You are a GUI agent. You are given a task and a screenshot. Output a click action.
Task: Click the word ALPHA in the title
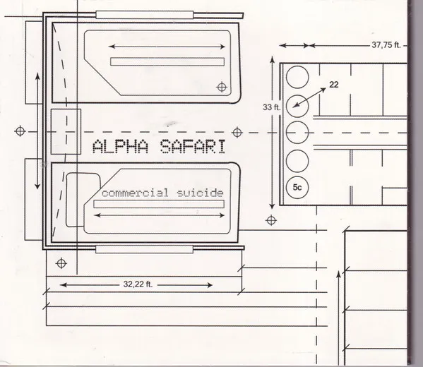point(120,146)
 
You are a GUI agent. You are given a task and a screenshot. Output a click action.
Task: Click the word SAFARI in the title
point(193,146)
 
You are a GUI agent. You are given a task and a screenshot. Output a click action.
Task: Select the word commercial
point(136,193)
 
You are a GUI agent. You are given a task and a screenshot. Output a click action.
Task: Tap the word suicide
point(200,193)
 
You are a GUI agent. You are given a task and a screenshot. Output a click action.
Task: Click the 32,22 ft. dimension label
point(138,284)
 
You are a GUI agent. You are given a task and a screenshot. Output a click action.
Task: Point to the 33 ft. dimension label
point(271,107)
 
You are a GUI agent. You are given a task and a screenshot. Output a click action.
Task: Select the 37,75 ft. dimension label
point(386,44)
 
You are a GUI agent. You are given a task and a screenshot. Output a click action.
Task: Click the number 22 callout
point(334,85)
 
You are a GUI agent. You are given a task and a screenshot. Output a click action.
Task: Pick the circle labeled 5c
point(297,188)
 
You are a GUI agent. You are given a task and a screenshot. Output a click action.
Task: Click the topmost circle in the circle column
point(297,77)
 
